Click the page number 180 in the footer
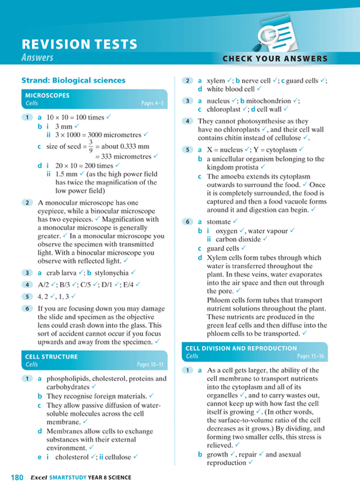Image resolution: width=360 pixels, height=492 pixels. (x=17, y=477)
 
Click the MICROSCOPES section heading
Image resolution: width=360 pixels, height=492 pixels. (x=47, y=96)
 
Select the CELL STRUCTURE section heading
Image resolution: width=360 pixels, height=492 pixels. (x=51, y=356)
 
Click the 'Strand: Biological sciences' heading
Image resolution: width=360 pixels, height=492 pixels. (x=73, y=80)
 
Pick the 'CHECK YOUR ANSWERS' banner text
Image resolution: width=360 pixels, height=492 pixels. (x=274, y=58)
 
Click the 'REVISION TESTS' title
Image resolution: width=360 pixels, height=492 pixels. (x=79, y=44)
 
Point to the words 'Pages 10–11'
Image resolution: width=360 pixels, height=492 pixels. (x=151, y=364)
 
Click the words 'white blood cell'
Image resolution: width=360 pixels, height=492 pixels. (x=231, y=89)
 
